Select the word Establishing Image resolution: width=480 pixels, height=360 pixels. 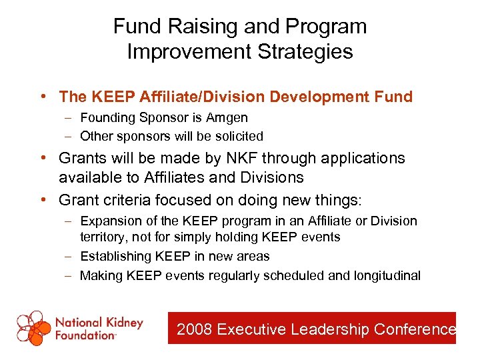pyautogui.click(x=115, y=256)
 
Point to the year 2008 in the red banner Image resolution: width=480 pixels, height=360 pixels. pyautogui.click(x=195, y=329)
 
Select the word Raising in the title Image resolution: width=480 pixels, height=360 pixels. pyautogui.click(x=194, y=26)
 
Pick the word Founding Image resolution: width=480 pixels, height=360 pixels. pyautogui.click(x=107, y=118)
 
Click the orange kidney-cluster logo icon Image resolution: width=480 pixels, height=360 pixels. pyautogui.click(x=34, y=328)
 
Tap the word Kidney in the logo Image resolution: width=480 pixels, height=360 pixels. pyautogui.click(x=123, y=323)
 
